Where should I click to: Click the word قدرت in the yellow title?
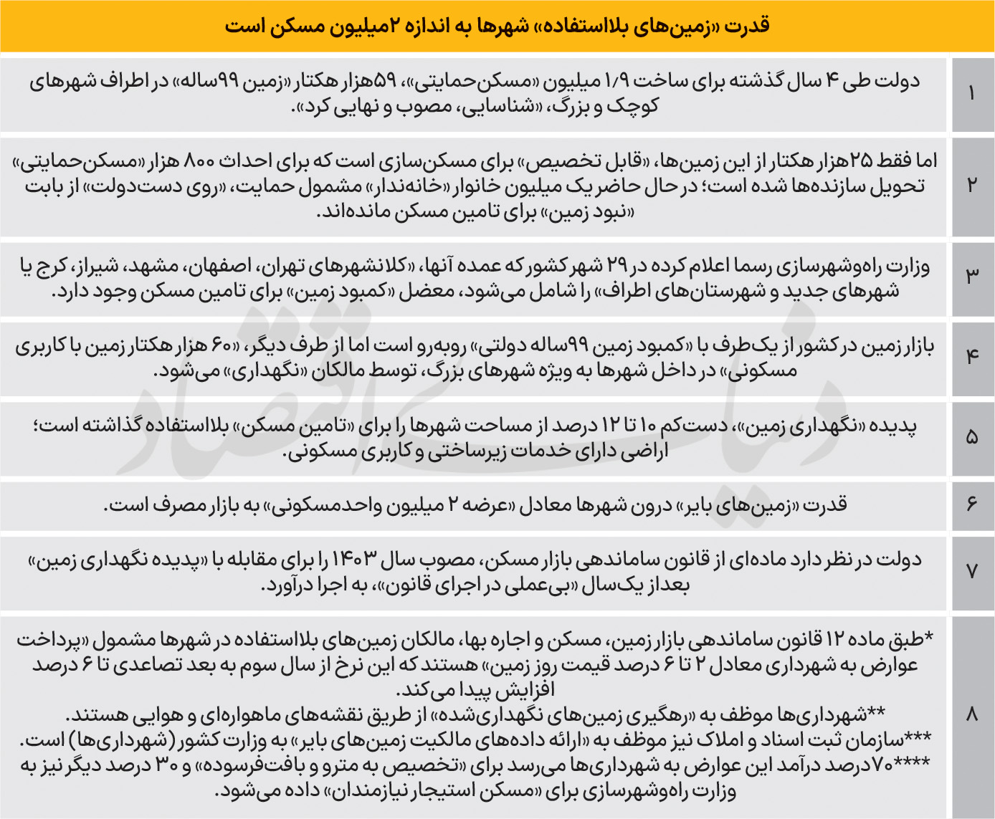click(x=748, y=26)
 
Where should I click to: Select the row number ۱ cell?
click(x=972, y=94)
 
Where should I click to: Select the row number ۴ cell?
click(x=972, y=355)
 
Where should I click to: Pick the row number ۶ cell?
click(x=972, y=505)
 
